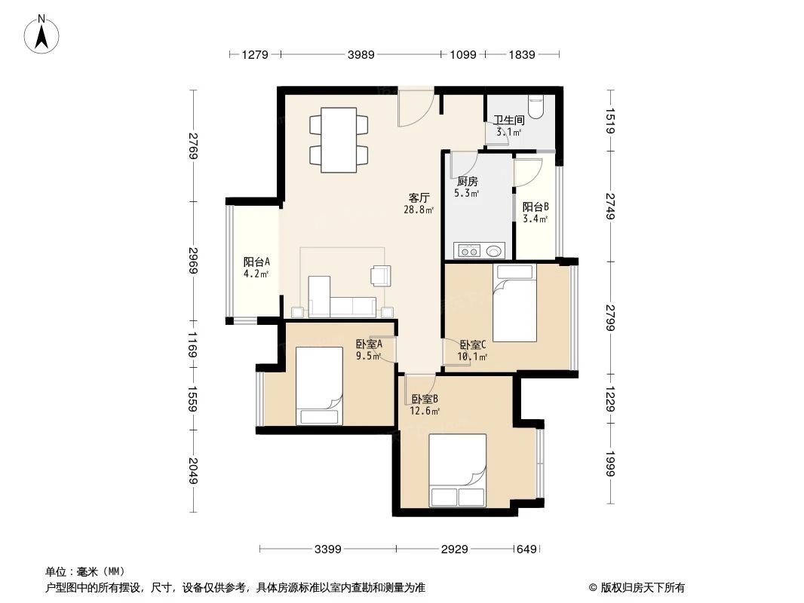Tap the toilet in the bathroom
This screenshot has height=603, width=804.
tap(535, 107)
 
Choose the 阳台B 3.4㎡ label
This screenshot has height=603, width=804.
tap(535, 213)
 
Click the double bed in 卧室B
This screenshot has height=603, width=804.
tap(457, 470)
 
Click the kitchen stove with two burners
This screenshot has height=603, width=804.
tap(468, 251)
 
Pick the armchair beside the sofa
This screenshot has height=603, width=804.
tap(381, 276)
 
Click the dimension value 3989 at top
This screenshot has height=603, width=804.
tap(361, 54)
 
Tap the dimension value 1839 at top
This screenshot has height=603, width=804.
tap(522, 54)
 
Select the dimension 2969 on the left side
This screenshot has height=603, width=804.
tap(193, 262)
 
